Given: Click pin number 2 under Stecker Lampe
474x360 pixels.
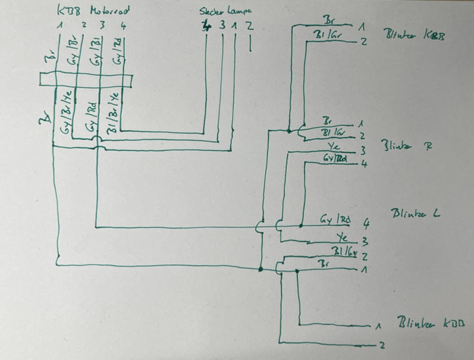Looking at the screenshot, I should tap(250, 26).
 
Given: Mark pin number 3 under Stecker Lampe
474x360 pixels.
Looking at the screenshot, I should tap(222, 26).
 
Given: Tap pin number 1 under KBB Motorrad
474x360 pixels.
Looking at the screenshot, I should tap(60, 26).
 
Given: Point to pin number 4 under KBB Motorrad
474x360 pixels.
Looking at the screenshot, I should tap(123, 26).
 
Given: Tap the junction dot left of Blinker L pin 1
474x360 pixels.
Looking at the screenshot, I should tap(261, 270).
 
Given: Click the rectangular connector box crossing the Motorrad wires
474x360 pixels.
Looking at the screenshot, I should tap(85, 80).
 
